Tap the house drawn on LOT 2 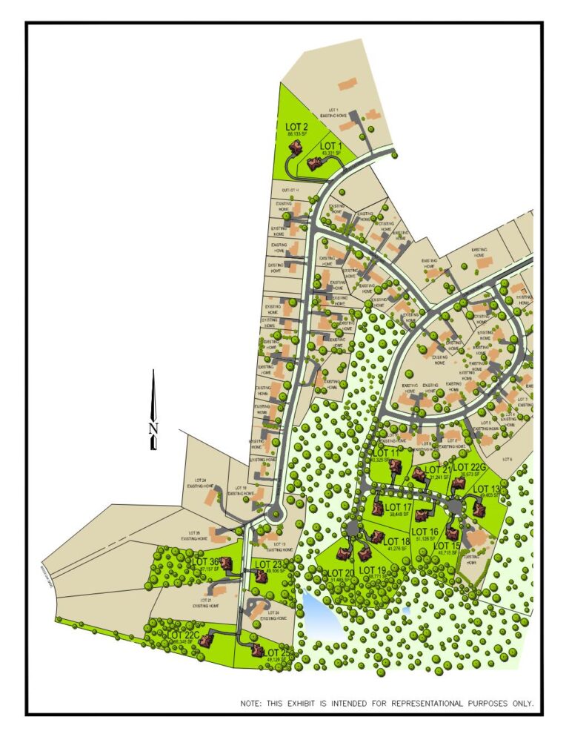[x=296, y=148]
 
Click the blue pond [x=317, y=612]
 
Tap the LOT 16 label [x=425, y=532]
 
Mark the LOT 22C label [x=182, y=635]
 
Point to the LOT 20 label [x=339, y=573]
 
